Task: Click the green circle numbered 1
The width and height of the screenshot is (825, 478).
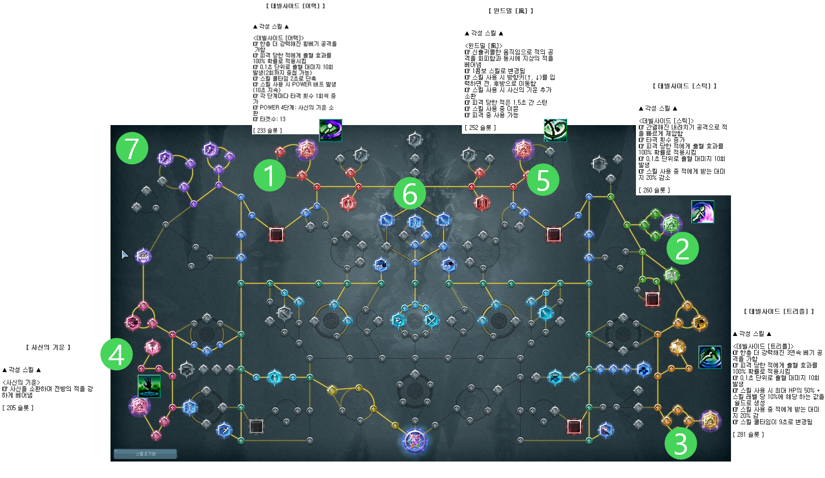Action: click(270, 175)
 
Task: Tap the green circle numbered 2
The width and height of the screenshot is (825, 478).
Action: click(682, 248)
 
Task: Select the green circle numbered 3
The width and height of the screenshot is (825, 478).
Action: click(681, 443)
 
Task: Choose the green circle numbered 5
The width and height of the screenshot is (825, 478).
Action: click(543, 180)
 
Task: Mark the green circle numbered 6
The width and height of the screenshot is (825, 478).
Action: click(410, 193)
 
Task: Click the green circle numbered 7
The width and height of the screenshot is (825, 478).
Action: click(132, 148)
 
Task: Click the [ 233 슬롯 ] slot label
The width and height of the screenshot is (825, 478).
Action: click(267, 130)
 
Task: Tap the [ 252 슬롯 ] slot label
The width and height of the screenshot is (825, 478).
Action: click(480, 127)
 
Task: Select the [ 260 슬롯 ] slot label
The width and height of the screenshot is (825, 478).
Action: click(654, 190)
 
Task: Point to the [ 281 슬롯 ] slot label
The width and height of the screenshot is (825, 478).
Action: click(748, 434)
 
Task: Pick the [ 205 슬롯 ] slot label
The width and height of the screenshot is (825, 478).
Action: click(18, 408)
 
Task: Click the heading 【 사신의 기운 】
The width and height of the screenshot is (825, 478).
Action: click(48, 347)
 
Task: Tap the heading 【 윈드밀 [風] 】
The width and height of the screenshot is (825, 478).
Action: click(510, 11)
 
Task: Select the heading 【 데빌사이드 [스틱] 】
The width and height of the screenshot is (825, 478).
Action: click(684, 86)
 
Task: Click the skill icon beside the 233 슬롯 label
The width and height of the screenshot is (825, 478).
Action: click(331, 130)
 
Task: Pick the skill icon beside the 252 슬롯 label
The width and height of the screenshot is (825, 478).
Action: click(555, 130)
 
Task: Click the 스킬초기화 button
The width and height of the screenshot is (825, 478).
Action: click(145, 454)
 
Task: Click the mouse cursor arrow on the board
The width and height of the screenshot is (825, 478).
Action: click(125, 255)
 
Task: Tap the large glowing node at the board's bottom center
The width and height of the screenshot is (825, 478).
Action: click(415, 440)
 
